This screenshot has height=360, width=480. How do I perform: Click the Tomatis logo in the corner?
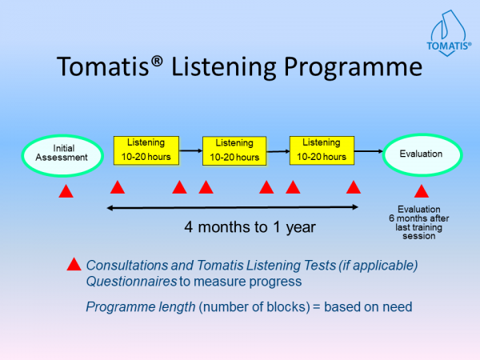tap(446, 32)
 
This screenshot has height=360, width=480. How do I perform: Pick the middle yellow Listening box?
tap(234, 150)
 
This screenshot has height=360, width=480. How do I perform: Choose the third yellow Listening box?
tap(322, 149)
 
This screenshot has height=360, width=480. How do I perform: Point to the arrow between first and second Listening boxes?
tap(190, 150)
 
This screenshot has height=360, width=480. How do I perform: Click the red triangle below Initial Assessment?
tap(67, 192)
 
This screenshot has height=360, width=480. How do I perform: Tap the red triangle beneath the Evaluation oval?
tap(421, 191)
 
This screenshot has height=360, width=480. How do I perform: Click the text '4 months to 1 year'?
tap(250, 226)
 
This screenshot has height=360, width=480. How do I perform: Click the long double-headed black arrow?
tap(233, 208)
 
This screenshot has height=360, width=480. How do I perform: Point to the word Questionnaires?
tap(126, 281)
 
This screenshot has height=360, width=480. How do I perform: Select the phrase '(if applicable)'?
tap(381, 265)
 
